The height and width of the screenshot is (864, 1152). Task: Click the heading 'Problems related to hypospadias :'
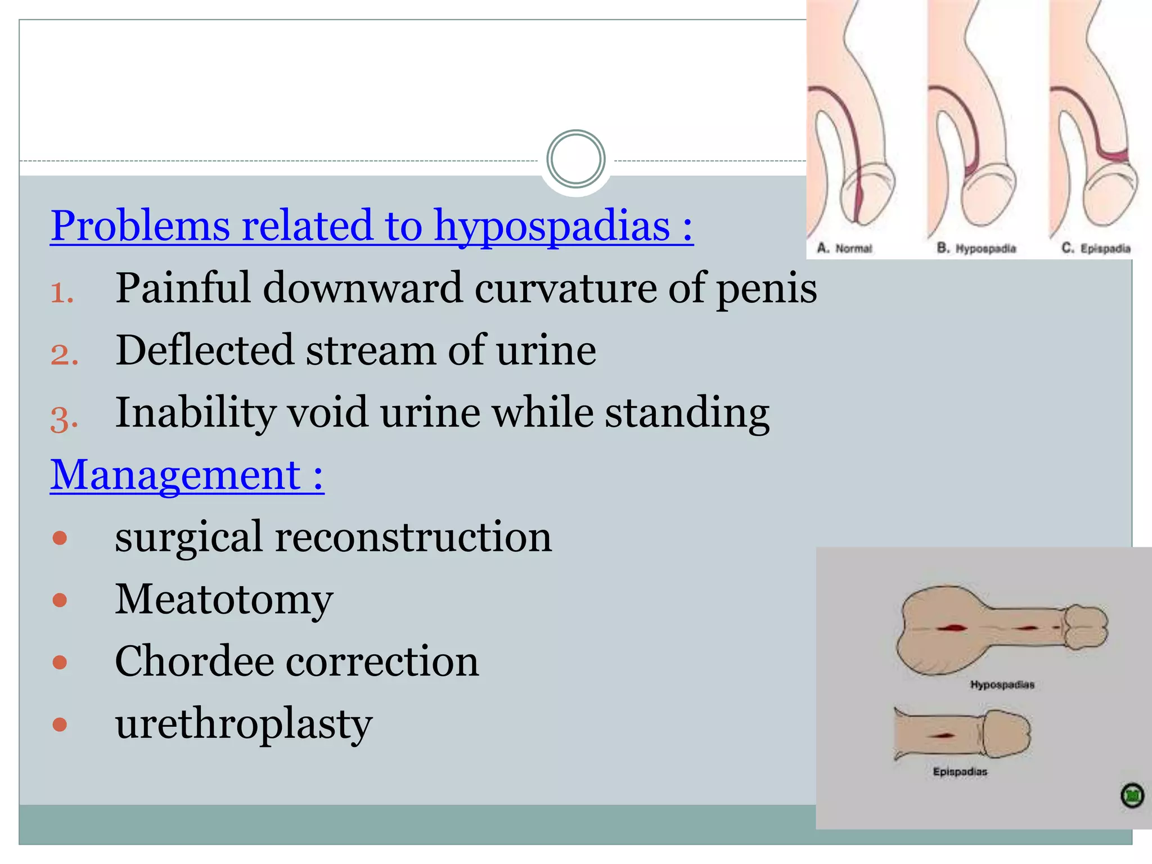pyautogui.click(x=371, y=226)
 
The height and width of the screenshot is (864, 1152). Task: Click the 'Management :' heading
pyautogui.click(x=187, y=475)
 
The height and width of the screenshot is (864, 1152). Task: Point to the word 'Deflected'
pyautogui.click(x=204, y=351)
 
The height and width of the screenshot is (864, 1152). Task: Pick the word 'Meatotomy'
pyautogui.click(x=224, y=600)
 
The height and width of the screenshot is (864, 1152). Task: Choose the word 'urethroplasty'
pyautogui.click(x=244, y=724)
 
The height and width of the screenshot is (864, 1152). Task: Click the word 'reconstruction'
pyautogui.click(x=413, y=537)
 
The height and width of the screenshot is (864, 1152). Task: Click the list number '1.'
pyautogui.click(x=62, y=293)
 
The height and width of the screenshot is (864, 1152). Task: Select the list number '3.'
pyautogui.click(x=64, y=418)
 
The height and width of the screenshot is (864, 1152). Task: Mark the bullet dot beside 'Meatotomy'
pyautogui.click(x=60, y=600)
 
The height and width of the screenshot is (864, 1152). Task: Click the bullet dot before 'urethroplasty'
pyautogui.click(x=60, y=724)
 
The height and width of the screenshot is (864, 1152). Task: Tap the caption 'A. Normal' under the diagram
pyautogui.click(x=844, y=248)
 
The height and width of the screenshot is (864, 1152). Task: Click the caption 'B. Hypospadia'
pyautogui.click(x=976, y=248)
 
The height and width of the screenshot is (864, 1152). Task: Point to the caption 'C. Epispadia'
pyautogui.click(x=1096, y=248)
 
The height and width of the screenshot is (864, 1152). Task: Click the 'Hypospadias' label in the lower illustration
pyautogui.click(x=1002, y=685)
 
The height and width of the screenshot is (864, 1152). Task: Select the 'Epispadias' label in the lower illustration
pyautogui.click(x=960, y=772)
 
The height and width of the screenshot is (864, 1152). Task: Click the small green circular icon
pyautogui.click(x=1132, y=796)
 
